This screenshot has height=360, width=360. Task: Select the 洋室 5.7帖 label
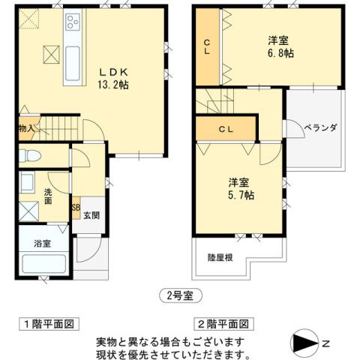click(x=240, y=187)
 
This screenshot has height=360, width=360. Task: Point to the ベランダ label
click(x=320, y=128)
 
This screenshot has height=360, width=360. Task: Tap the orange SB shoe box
click(x=75, y=208)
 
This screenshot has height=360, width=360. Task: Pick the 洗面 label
click(x=46, y=196)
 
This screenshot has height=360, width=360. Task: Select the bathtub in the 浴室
click(x=43, y=264)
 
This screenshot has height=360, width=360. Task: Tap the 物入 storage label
click(x=26, y=128)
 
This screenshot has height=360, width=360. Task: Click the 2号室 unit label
click(x=180, y=295)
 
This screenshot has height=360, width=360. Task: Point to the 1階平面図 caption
click(x=47, y=324)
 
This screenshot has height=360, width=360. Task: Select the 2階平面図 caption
click(x=223, y=324)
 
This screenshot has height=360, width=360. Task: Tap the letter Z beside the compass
click(x=326, y=343)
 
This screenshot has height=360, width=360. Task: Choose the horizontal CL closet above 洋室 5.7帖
click(x=226, y=128)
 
